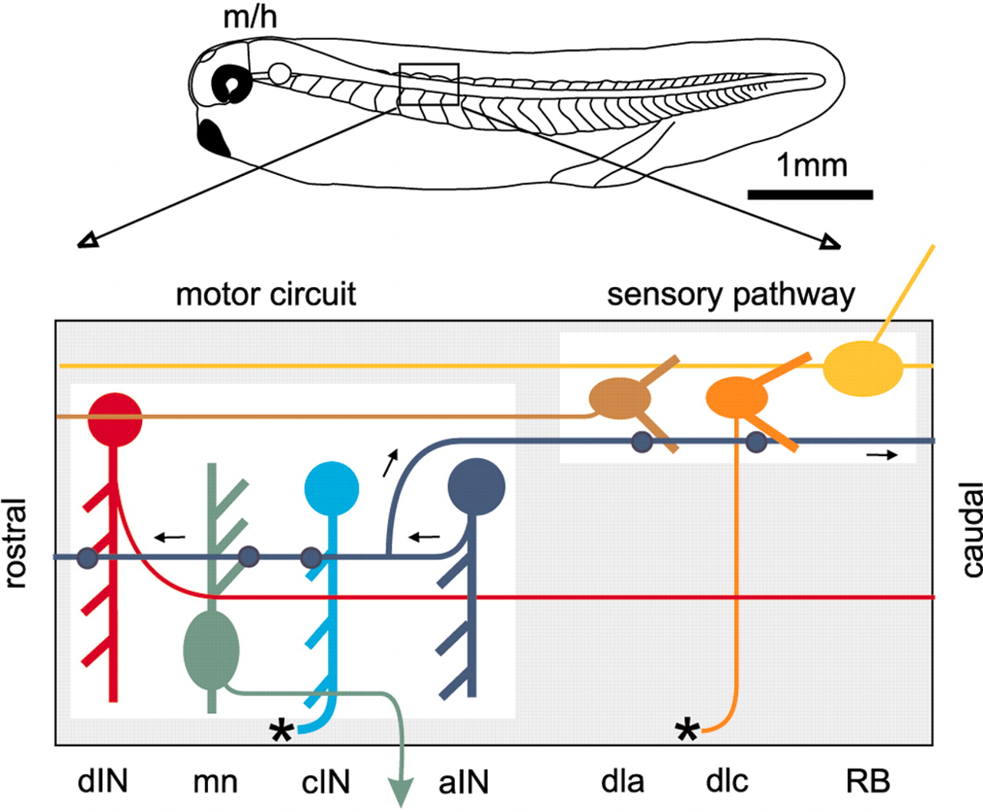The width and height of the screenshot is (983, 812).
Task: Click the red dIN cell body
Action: pyautogui.click(x=115, y=419)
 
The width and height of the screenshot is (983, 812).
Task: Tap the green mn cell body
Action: pyautogui.click(x=212, y=649)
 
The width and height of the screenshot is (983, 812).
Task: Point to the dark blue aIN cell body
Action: pyautogui.click(x=476, y=486)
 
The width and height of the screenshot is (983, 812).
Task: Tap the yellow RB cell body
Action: pyautogui.click(x=862, y=368)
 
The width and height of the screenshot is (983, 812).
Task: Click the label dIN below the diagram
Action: pyautogui.click(x=103, y=781)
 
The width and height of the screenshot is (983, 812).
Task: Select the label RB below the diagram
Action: pyautogui.click(x=868, y=781)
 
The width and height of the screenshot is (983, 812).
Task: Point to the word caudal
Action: pyautogui.click(x=971, y=530)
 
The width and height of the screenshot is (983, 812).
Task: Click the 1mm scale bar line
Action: pyautogui.click(x=810, y=194)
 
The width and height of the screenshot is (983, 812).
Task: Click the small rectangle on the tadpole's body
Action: pyautogui.click(x=429, y=84)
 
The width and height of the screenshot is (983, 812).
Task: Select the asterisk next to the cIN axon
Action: pyautogui.click(x=282, y=731)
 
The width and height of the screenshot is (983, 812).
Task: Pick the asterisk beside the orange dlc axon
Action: pyautogui.click(x=687, y=731)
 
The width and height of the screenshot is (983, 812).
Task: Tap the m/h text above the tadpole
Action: pyautogui.click(x=250, y=17)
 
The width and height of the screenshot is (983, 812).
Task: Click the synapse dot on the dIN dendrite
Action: pyautogui.click(x=88, y=558)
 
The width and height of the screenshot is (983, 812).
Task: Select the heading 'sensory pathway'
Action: pyautogui.click(x=730, y=295)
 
